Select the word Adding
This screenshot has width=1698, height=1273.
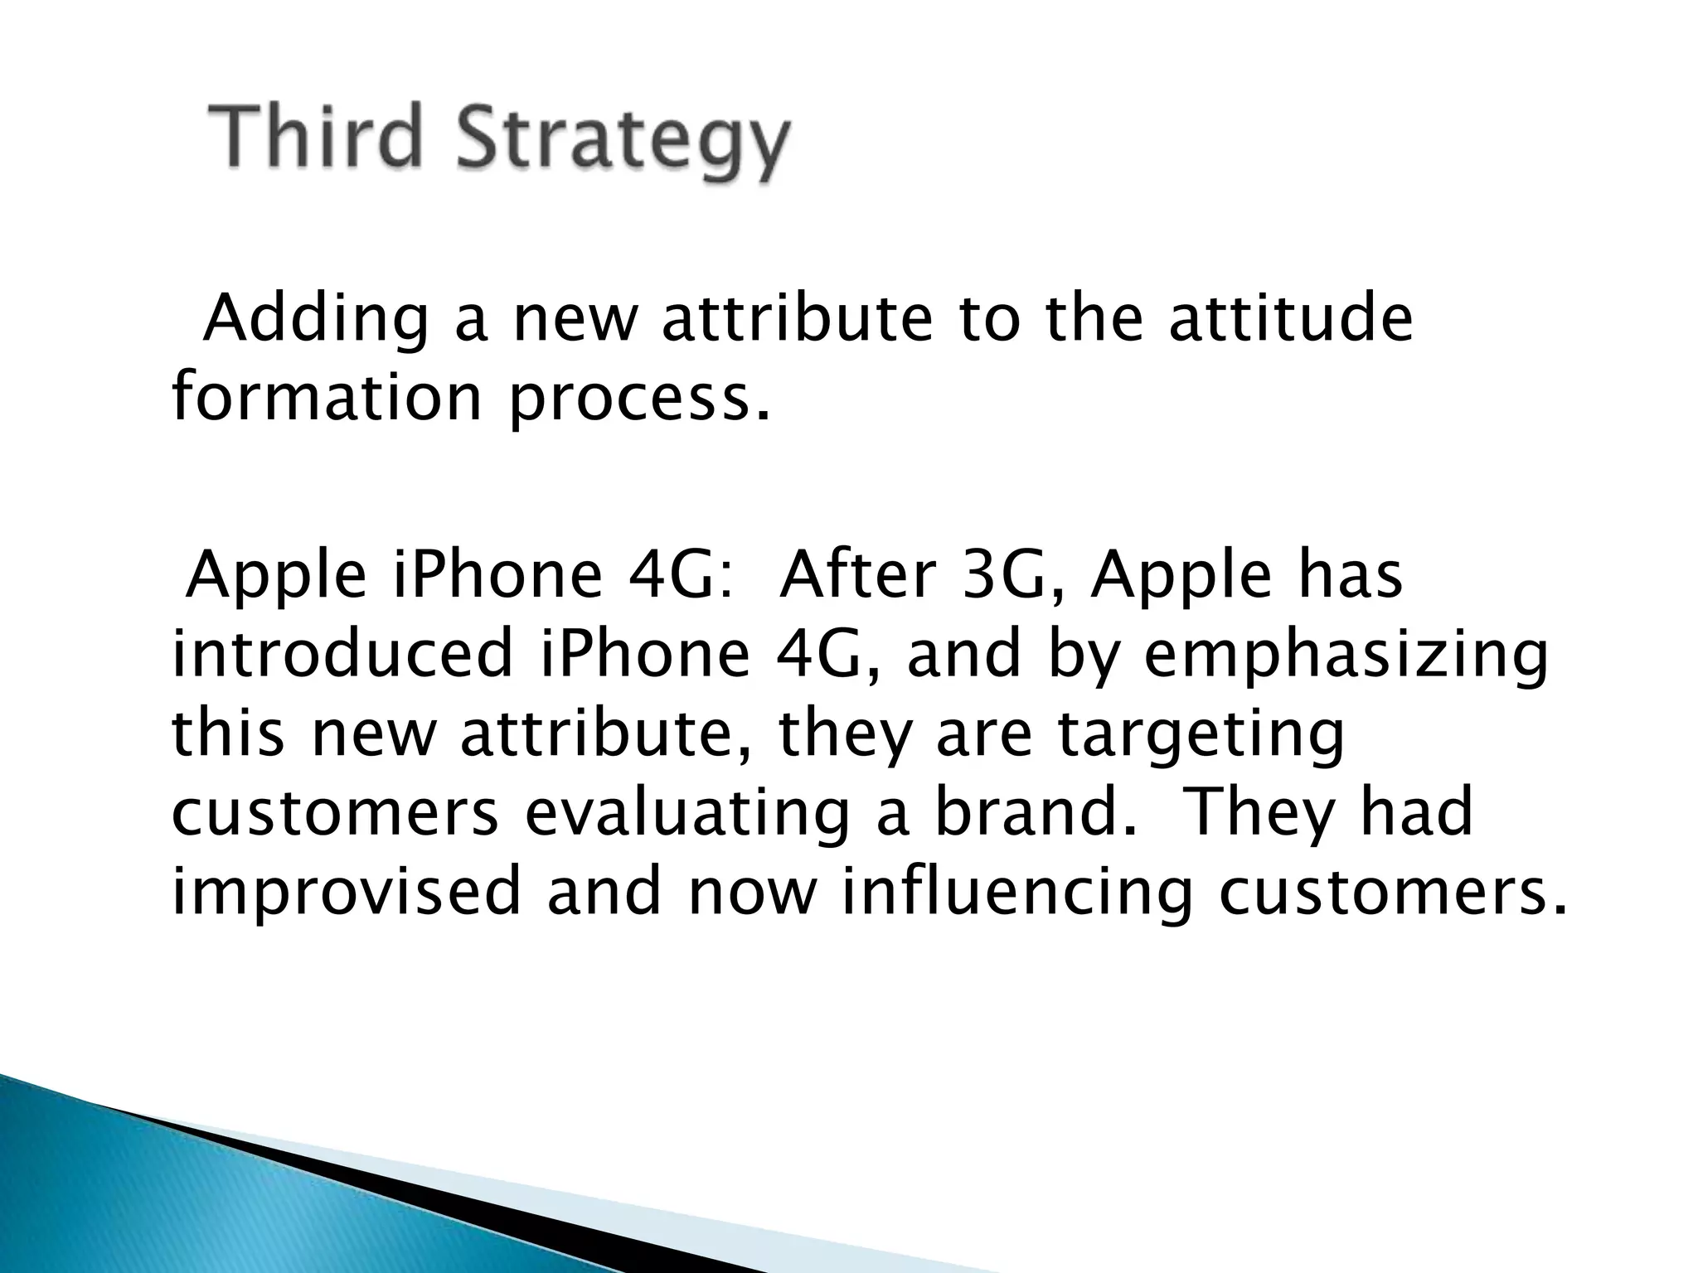click(316, 321)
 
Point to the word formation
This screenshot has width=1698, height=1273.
click(327, 397)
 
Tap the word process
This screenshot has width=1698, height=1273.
click(638, 400)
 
